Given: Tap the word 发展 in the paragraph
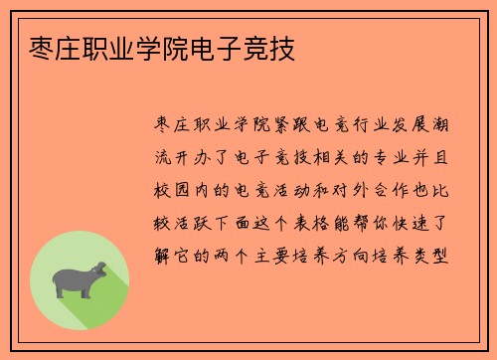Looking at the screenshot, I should (418, 125).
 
